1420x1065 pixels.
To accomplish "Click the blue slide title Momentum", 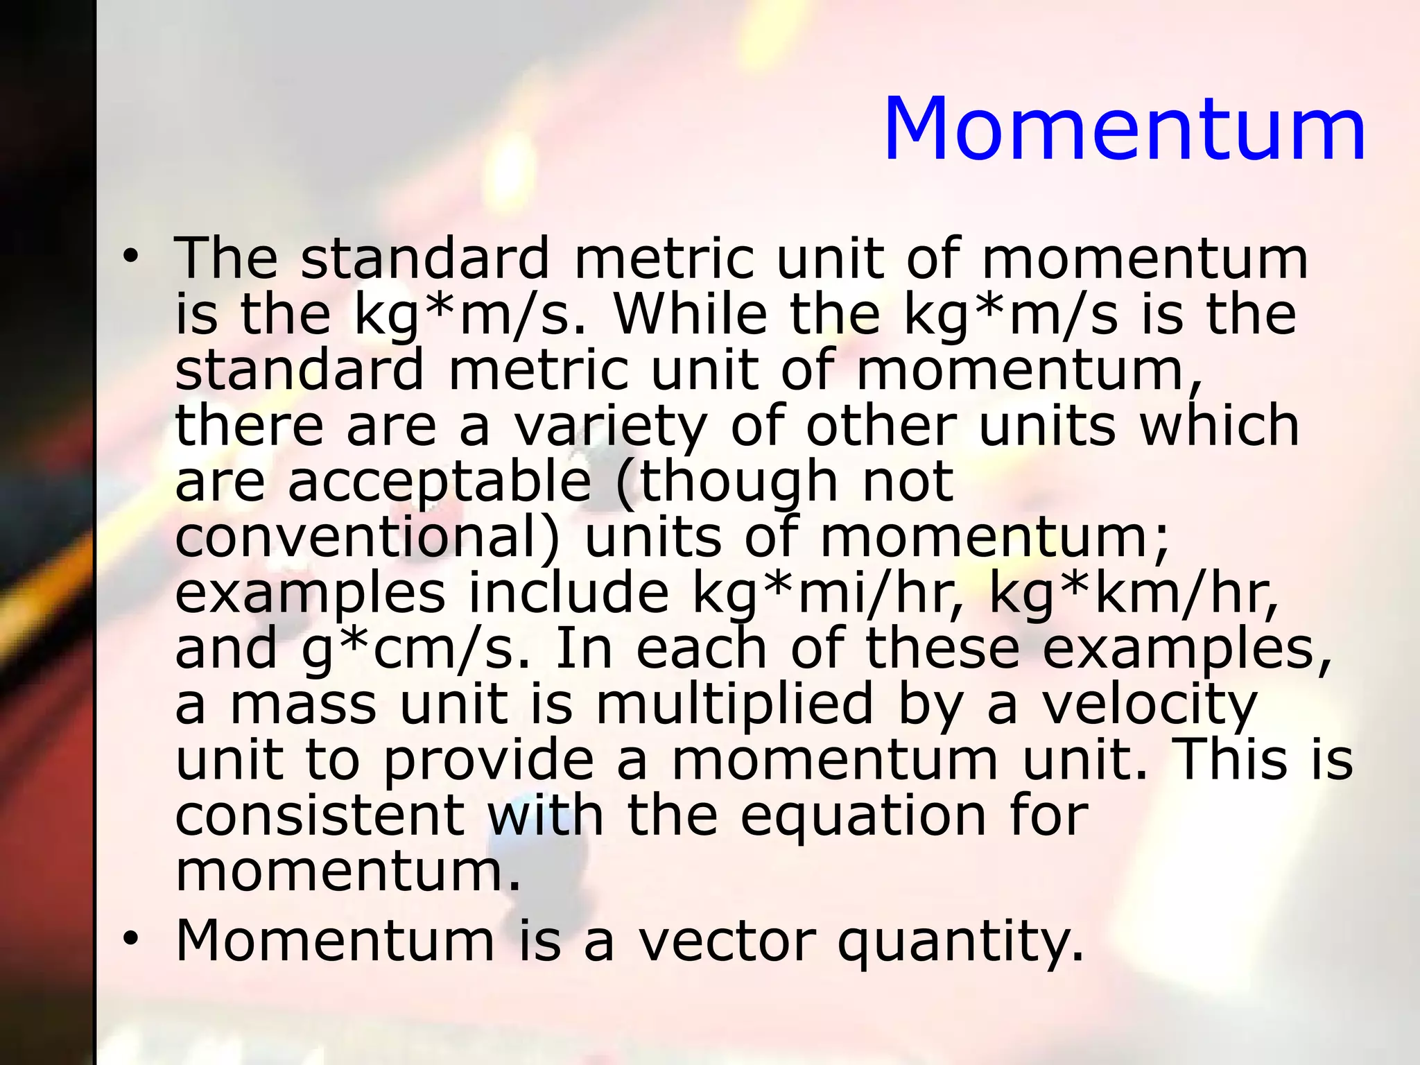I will click(1124, 130).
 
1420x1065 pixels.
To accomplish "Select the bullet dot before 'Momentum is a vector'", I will click(129, 940).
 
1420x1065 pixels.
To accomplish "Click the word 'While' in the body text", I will click(691, 313).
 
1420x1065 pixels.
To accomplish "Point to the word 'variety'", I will click(610, 425).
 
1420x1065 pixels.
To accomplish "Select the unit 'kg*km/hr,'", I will click(1133, 593).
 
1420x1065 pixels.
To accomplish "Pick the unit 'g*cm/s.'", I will click(417, 649).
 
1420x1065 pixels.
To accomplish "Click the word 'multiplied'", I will click(735, 704).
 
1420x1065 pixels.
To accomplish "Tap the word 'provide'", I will click(488, 760).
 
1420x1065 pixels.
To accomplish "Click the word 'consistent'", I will click(320, 815).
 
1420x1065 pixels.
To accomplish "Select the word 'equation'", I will click(863, 815).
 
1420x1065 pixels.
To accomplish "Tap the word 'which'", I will click(1220, 425).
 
